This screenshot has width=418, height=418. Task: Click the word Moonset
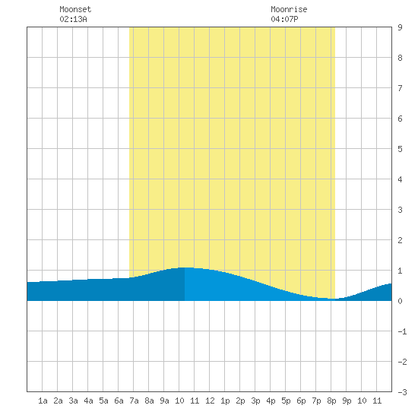75,9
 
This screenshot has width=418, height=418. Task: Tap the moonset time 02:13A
73,19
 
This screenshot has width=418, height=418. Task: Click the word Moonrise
289,9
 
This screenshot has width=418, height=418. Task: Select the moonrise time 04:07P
284,19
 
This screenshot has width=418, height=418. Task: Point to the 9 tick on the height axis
400,27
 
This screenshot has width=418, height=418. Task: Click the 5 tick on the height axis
400,149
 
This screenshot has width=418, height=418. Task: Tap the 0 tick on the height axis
400,301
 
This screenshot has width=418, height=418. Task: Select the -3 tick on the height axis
402,392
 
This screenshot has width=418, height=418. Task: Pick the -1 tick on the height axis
402,331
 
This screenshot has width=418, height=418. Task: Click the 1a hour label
43,401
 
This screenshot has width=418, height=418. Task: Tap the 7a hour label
134,401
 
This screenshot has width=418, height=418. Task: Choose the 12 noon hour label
210,401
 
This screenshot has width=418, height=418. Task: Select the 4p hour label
271,401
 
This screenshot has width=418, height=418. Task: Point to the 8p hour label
331,401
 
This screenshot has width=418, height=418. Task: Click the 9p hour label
347,401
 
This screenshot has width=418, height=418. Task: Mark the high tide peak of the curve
185,268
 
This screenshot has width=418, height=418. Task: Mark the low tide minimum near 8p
335,299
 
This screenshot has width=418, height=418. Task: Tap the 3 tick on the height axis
400,210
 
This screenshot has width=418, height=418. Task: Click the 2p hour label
240,401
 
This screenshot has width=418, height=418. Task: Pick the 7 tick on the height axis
400,88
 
